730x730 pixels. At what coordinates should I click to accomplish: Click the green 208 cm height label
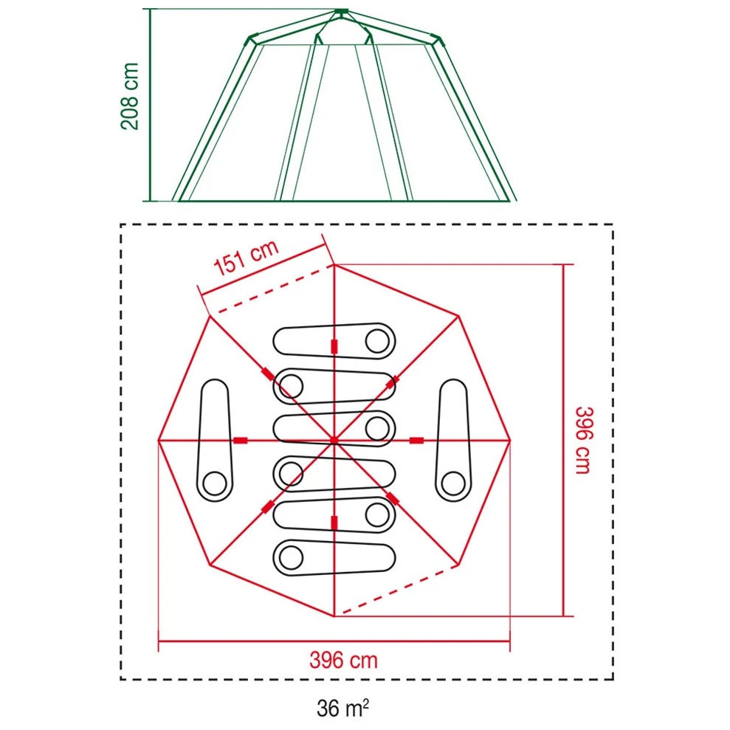tap(129, 96)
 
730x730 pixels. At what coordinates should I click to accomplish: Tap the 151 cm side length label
tap(246, 258)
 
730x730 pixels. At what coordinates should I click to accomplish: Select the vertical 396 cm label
tap(584, 441)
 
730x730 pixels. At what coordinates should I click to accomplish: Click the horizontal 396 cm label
tap(343, 660)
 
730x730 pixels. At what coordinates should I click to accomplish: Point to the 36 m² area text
tap(343, 708)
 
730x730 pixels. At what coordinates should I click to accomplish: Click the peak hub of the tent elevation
tap(341, 11)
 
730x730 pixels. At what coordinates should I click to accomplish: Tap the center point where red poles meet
tap(334, 440)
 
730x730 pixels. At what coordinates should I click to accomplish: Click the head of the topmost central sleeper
tap(378, 341)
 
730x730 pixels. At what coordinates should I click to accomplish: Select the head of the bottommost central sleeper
tap(291, 557)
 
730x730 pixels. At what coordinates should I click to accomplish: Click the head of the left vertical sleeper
tap(215, 483)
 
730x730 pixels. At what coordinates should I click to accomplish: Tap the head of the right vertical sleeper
tap(453, 483)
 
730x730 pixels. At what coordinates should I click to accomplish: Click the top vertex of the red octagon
tap(334, 264)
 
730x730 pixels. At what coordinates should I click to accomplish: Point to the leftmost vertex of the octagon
tap(158, 440)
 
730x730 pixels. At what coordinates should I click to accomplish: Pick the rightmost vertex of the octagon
tap(510, 440)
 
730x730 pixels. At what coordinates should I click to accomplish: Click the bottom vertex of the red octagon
tap(334, 616)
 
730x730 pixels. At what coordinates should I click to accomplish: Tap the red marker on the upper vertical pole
tap(334, 347)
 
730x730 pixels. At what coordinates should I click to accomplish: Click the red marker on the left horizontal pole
tap(240, 441)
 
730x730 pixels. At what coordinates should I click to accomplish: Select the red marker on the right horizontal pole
tap(417, 441)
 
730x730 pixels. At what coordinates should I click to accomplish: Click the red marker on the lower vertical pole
tap(334, 523)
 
